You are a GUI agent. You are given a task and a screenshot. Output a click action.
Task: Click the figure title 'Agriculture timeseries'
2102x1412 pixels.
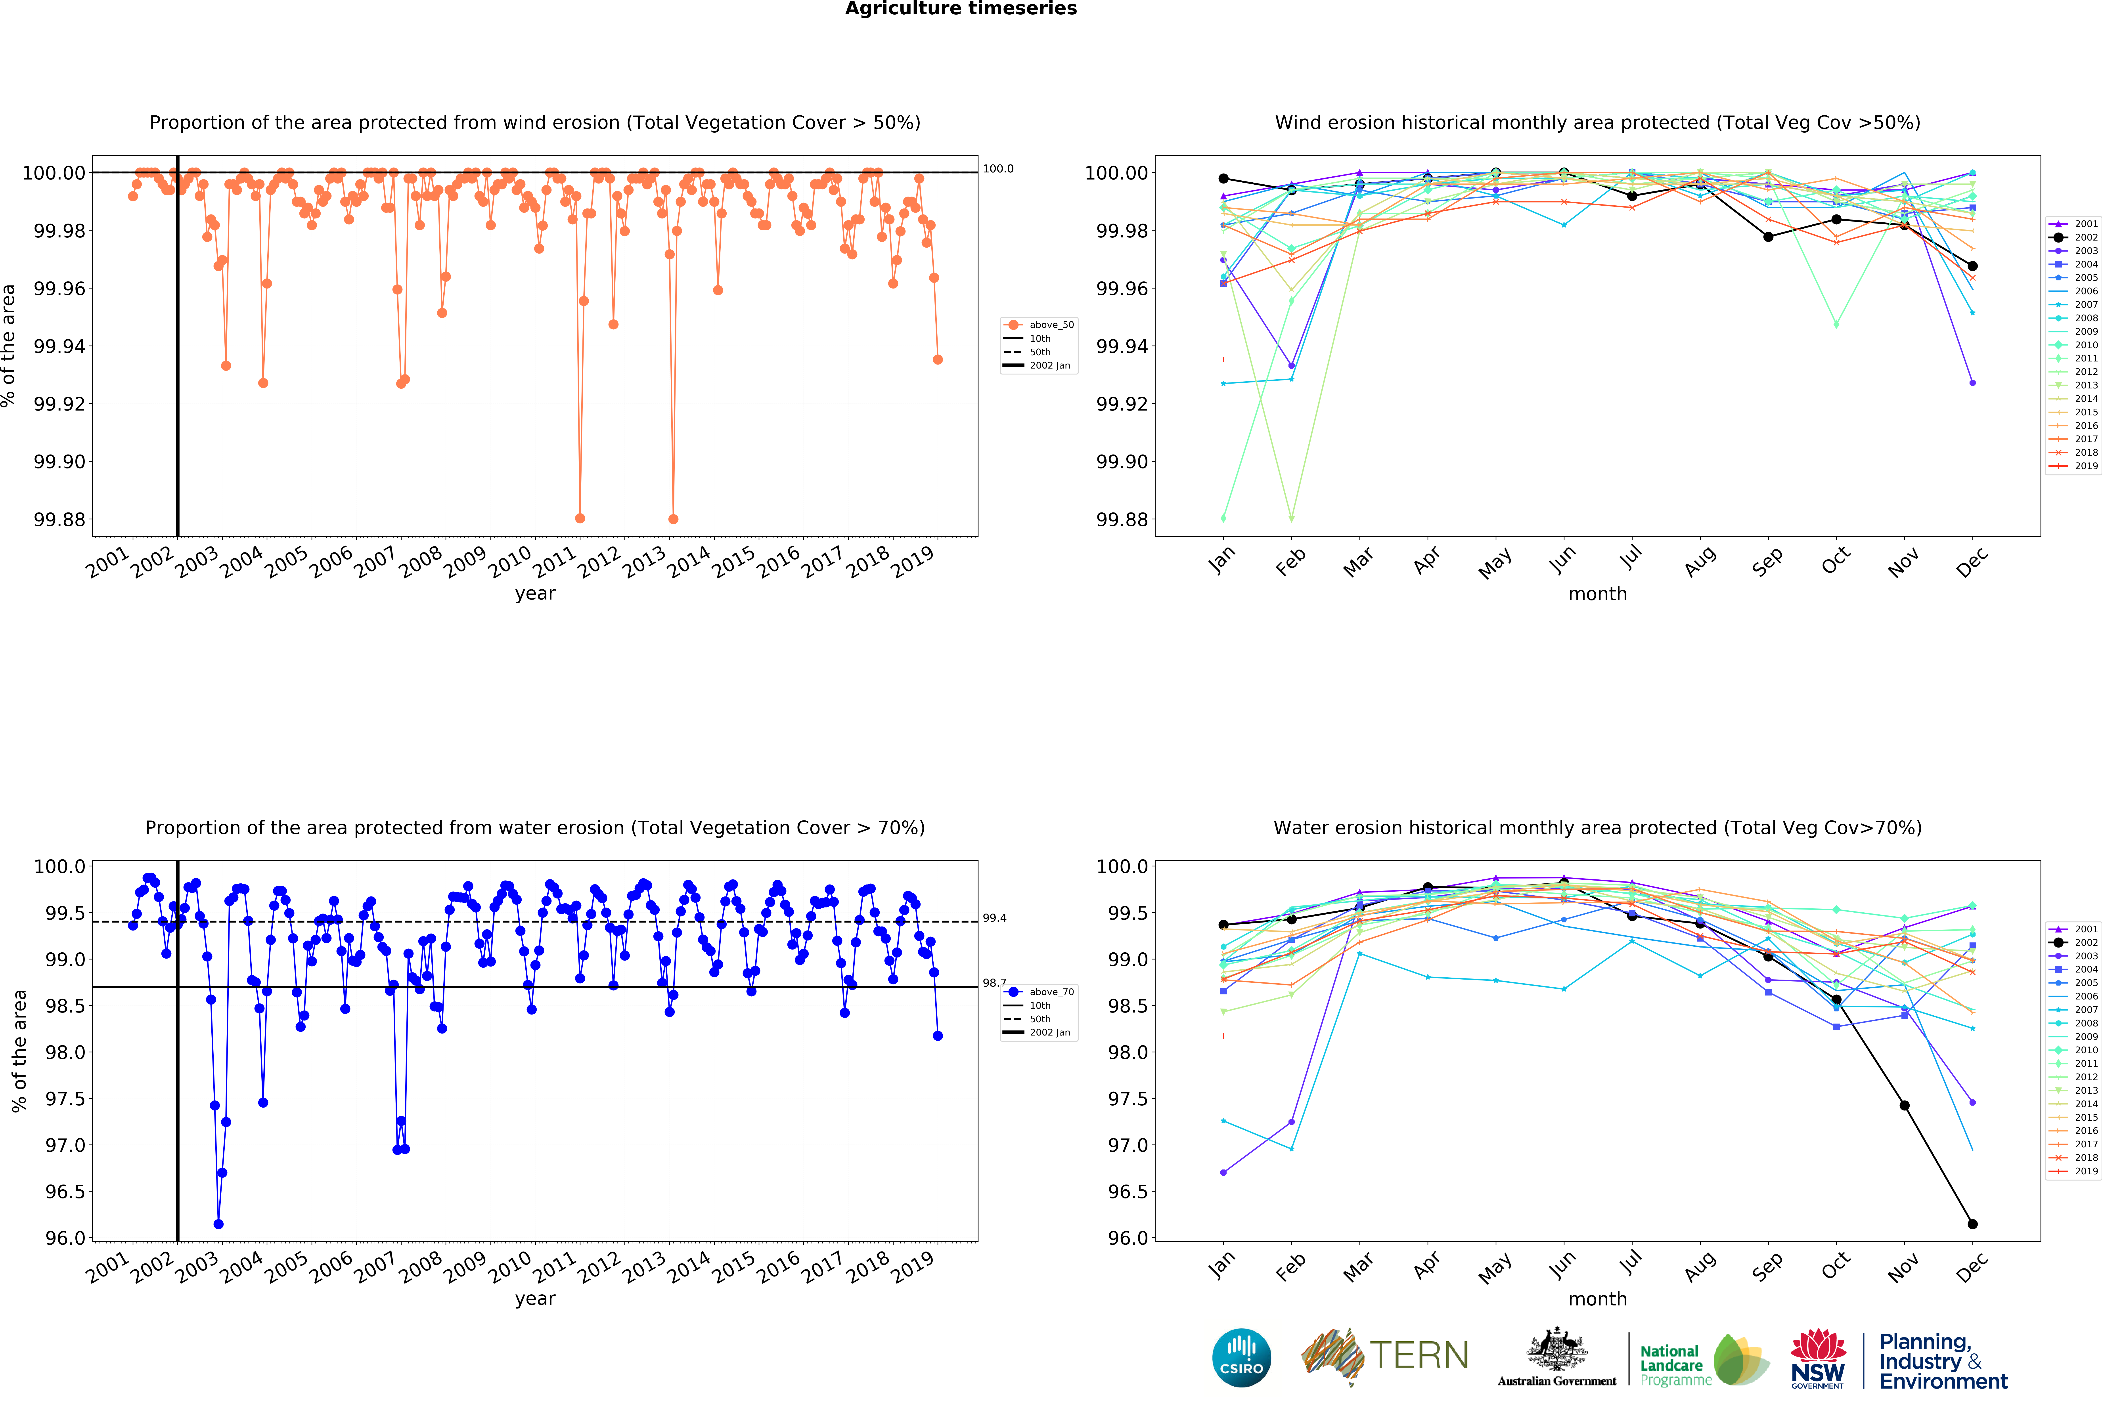click(x=960, y=9)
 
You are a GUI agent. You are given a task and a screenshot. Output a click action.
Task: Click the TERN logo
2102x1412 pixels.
click(x=1385, y=1355)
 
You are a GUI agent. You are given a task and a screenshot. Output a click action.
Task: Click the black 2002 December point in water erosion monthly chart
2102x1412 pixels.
click(x=1972, y=1224)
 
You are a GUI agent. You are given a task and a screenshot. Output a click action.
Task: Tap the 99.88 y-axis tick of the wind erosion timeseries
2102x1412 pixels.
click(x=59, y=520)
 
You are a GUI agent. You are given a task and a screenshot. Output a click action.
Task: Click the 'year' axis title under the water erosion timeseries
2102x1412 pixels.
click(x=535, y=1299)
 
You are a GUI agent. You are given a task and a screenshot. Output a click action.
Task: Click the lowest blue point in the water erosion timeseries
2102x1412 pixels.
click(x=218, y=1224)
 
